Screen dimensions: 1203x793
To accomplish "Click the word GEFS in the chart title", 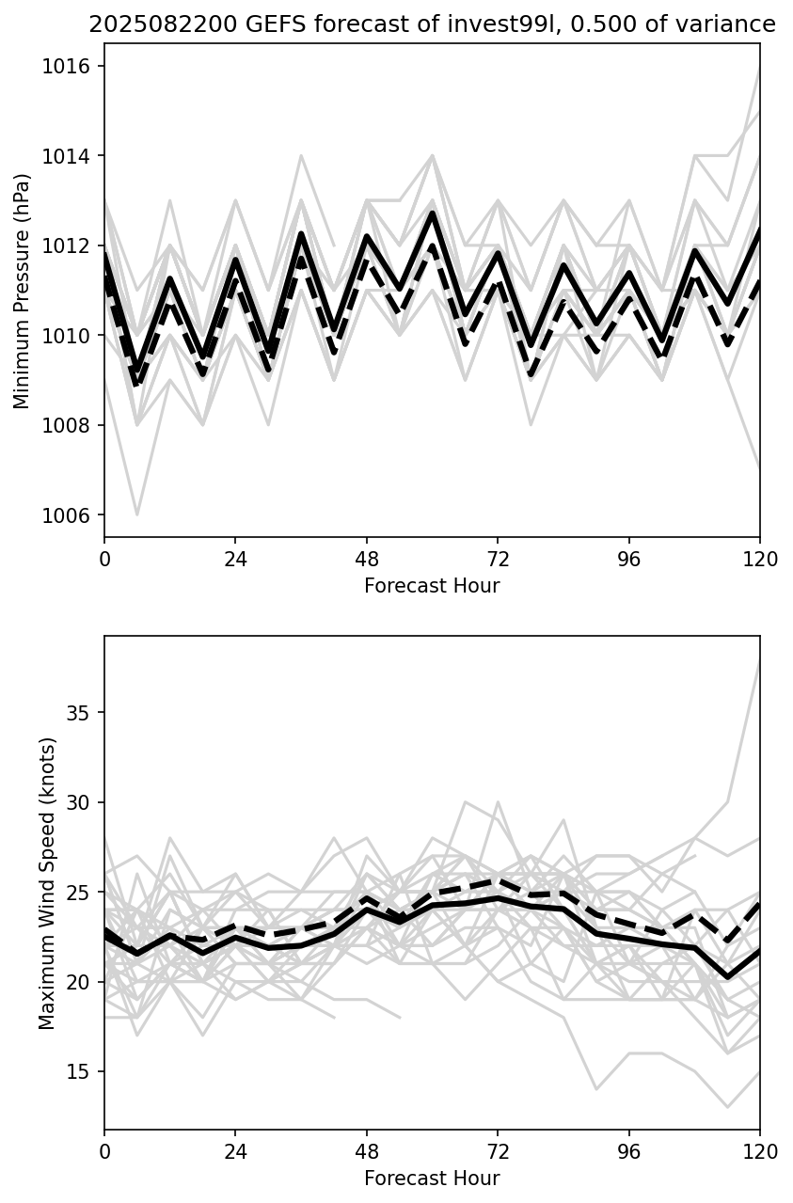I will point(223,24).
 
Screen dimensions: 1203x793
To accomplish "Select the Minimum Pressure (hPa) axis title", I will point(23,291).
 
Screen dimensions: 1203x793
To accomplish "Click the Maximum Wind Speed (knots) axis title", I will point(48,882).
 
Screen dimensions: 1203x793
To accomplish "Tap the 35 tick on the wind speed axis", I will point(82,713).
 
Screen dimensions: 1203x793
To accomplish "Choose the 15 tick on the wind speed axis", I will point(82,1072).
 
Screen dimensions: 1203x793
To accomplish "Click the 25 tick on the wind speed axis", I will point(82,893).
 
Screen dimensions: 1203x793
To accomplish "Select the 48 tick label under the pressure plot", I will point(367,560).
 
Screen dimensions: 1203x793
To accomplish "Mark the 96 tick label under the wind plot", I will point(628,1152).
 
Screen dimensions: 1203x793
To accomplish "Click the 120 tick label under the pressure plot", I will point(760,560).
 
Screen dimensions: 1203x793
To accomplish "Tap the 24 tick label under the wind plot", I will point(235,1152).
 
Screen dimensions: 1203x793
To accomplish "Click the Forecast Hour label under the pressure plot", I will point(432,586).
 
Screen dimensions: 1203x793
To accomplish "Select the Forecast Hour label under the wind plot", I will point(432,1179).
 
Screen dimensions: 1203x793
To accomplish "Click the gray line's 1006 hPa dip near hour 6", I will point(137,514).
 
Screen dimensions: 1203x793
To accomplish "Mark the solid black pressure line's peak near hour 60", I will point(432,214).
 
